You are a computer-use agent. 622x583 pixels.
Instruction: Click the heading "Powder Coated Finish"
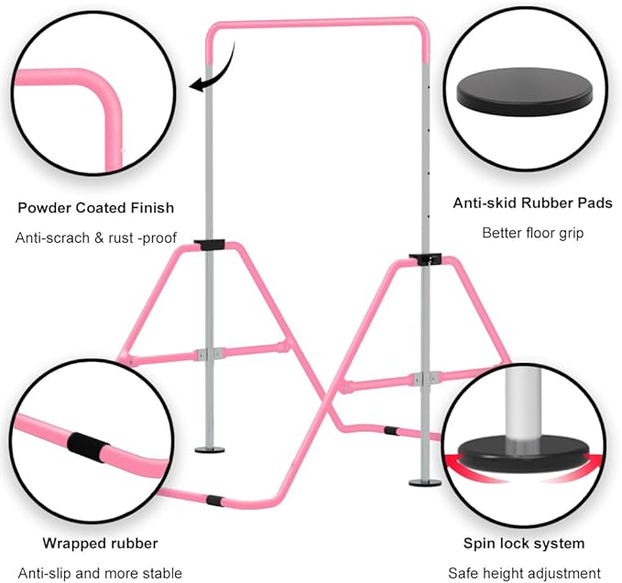coord(96,208)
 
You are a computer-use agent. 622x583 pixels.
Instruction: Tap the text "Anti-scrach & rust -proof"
coord(96,238)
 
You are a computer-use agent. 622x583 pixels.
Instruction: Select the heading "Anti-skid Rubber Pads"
coord(533,203)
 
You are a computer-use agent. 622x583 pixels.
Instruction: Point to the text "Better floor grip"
coord(533,233)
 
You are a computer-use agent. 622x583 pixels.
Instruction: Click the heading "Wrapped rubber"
coord(101,544)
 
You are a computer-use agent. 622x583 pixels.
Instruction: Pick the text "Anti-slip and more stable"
coord(100,574)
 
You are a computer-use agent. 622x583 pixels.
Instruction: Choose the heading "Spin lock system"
coord(524,544)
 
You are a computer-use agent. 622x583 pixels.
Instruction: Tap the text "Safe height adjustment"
coord(524,574)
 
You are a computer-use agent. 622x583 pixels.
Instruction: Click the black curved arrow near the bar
coord(222,75)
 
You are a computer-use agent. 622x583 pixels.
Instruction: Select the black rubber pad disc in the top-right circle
coord(526,92)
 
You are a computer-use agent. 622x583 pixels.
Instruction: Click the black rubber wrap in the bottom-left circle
coord(86,447)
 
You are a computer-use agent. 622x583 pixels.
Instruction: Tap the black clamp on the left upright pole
coord(210,245)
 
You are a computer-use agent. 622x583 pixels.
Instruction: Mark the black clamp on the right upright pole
coord(425,259)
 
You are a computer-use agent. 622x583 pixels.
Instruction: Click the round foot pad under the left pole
coord(210,450)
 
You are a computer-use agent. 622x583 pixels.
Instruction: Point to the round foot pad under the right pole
coord(425,482)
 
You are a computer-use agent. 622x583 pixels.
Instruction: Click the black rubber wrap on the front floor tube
coord(214,500)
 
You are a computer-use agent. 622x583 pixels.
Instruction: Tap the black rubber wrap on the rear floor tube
coord(391,431)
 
